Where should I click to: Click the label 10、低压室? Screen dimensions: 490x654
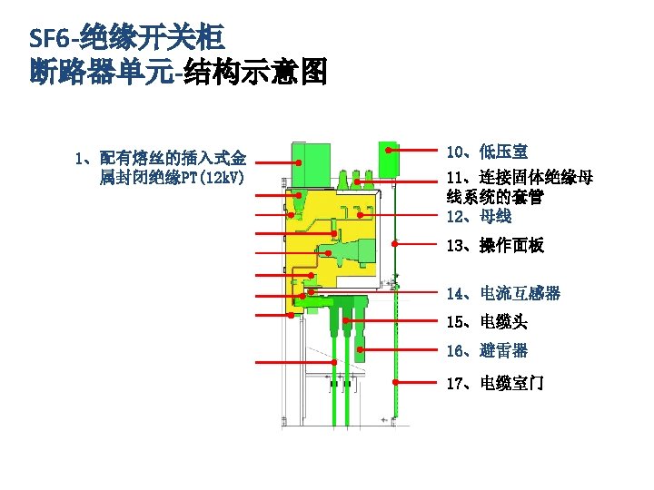487,152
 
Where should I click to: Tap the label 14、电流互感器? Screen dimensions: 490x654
503,293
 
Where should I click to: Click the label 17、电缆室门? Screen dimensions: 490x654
495,383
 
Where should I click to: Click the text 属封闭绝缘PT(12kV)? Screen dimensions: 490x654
172,175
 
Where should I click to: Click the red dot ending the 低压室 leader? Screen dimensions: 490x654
389,150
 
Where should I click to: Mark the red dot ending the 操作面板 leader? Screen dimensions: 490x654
396,244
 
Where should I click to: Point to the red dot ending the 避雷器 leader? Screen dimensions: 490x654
361,349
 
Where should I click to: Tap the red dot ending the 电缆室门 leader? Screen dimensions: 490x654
396,382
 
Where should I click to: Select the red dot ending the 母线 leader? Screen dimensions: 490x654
361,215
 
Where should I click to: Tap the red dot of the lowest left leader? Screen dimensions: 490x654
334,363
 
